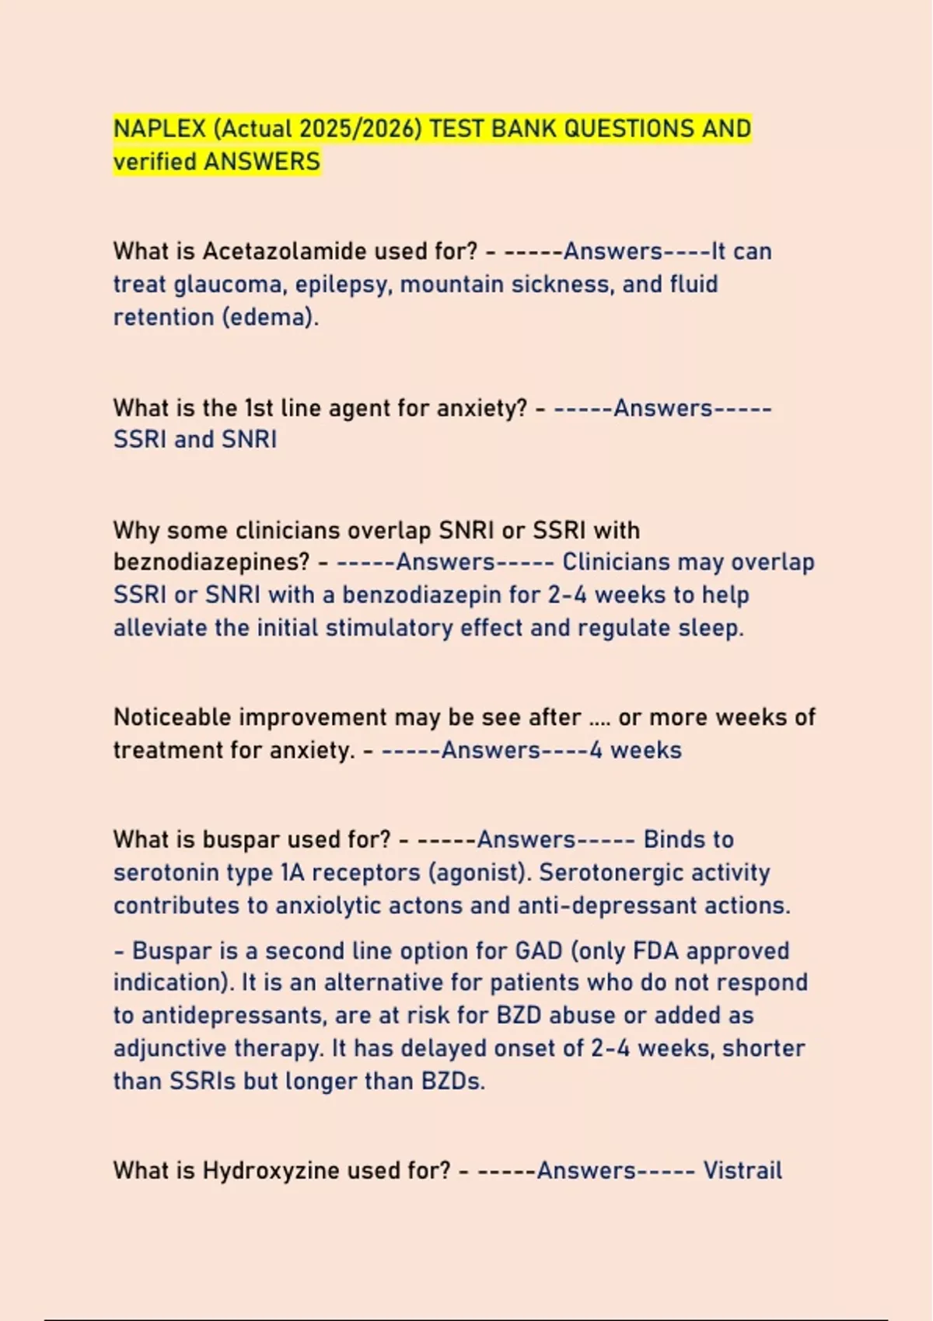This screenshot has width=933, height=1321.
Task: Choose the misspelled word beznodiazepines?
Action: click(x=211, y=562)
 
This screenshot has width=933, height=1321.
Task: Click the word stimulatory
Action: click(x=390, y=628)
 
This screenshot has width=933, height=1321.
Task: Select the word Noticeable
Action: click(x=172, y=716)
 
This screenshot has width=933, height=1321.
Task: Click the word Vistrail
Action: click(x=743, y=1170)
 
